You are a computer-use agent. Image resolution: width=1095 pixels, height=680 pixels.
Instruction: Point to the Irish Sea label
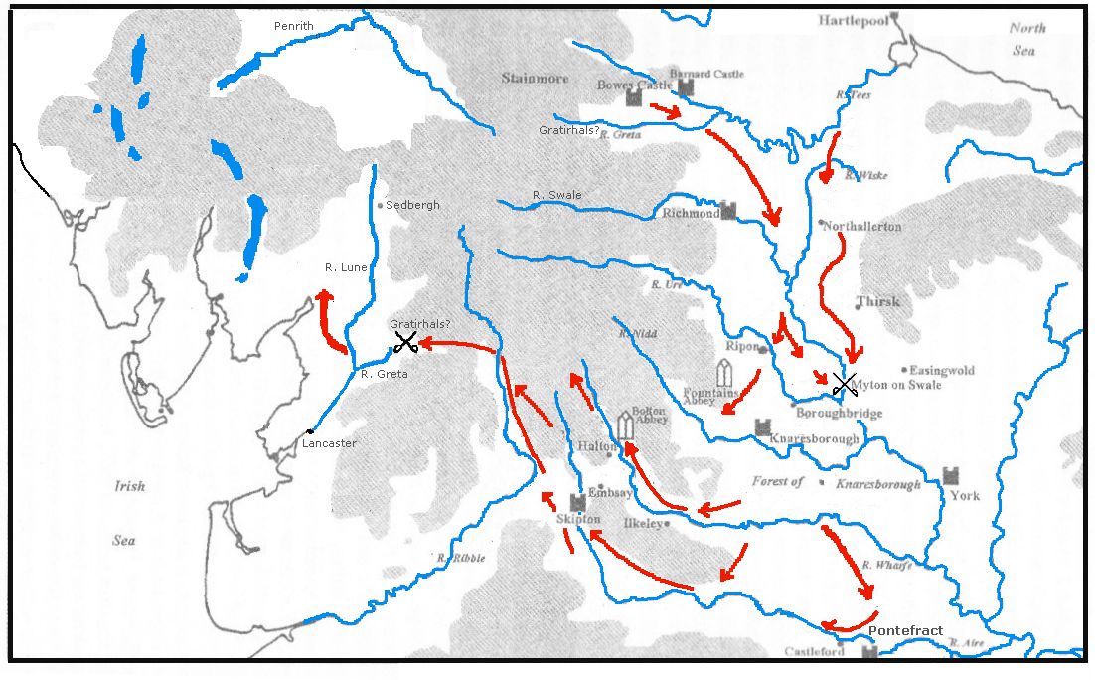pos(128,513)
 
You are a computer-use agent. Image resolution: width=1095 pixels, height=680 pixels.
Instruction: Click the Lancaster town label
pos(329,443)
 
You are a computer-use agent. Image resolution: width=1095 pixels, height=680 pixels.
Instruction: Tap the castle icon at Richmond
pos(728,211)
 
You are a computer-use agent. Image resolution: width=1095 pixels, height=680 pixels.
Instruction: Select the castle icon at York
pos(951,475)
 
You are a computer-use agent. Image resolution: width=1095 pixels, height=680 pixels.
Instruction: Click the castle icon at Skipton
pos(577,502)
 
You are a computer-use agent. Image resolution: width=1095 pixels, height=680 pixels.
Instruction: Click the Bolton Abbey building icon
pos(626,425)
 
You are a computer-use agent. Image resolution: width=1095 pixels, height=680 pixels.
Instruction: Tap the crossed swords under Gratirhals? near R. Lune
pos(405,343)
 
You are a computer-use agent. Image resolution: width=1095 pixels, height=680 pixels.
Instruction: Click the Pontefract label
pos(905,631)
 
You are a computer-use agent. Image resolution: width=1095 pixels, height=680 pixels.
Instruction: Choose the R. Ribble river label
pos(461,558)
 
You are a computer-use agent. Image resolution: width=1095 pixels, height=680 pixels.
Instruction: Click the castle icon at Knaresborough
pos(763,428)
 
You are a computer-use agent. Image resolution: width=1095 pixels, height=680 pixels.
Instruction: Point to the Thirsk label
pos(878,301)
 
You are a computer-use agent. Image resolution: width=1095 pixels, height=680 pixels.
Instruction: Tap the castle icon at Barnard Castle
pos(685,87)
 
